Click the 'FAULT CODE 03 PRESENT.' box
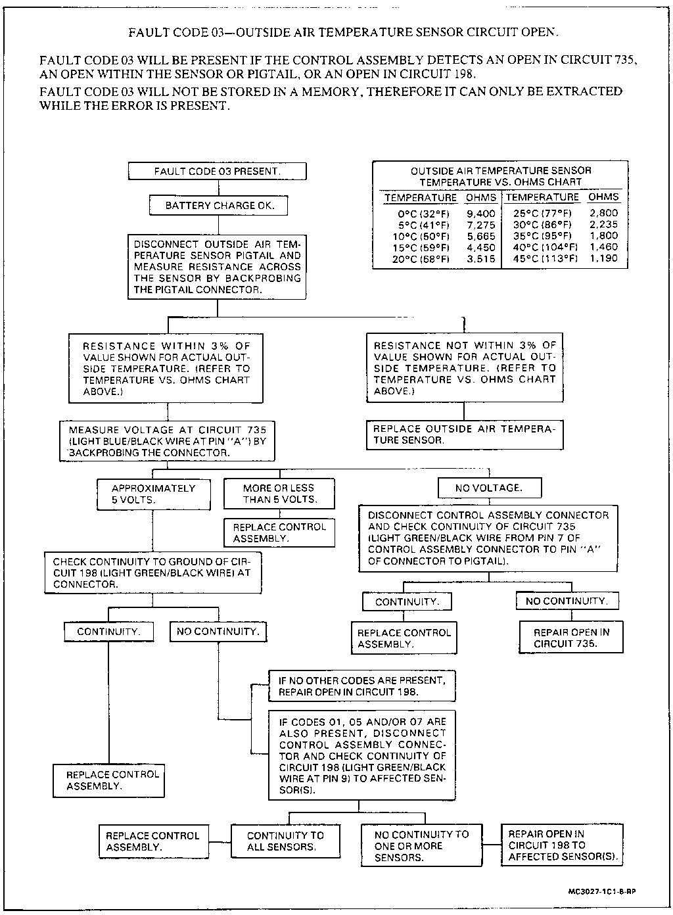coord(217,172)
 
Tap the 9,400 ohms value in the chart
coord(481,214)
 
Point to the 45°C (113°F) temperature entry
coord(542,259)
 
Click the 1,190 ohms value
coord(603,259)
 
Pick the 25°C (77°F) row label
coord(542,214)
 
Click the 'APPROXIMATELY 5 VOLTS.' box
coord(154,494)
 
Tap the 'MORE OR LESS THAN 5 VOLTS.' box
coord(279,494)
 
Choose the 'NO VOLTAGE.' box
coord(489,488)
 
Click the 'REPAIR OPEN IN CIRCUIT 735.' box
coord(571,638)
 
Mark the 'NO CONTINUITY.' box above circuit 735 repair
coord(567,601)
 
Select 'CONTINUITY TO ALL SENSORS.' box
coord(285,841)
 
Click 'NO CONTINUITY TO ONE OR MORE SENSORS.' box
coord(421,846)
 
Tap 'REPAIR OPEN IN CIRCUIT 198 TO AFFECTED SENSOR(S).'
coord(561,845)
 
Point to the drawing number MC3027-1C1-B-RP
coord(602,892)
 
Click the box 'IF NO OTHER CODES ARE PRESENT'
coord(361,686)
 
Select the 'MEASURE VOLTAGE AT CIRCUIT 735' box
coord(167,441)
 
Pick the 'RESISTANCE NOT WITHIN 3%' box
coord(464,368)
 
